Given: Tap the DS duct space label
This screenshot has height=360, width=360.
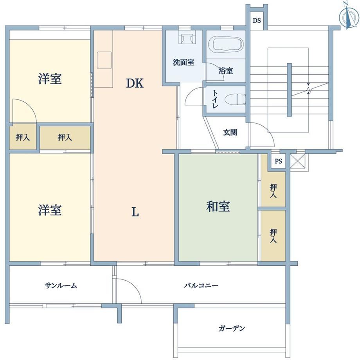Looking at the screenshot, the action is click(257, 21).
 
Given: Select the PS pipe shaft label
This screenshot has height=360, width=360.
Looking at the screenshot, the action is click(278, 161).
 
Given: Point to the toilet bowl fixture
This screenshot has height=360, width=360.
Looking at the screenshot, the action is click(235, 100).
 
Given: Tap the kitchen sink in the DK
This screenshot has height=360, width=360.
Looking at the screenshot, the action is click(104, 60).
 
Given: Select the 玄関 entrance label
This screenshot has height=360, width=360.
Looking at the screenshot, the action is click(230, 133).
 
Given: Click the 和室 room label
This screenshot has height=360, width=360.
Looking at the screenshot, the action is click(218, 206).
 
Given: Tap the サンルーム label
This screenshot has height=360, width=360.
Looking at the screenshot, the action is click(61, 285).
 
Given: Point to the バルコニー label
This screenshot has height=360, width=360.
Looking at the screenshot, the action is click(201, 285).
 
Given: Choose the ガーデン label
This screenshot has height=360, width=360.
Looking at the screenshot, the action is click(232, 328).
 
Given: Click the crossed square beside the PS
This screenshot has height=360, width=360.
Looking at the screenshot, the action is click(297, 161).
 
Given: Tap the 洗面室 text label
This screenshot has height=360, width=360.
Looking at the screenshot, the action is click(184, 62).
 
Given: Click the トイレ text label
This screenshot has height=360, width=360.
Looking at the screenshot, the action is click(215, 99).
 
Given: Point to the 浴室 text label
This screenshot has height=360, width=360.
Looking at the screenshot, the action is click(226, 70).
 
